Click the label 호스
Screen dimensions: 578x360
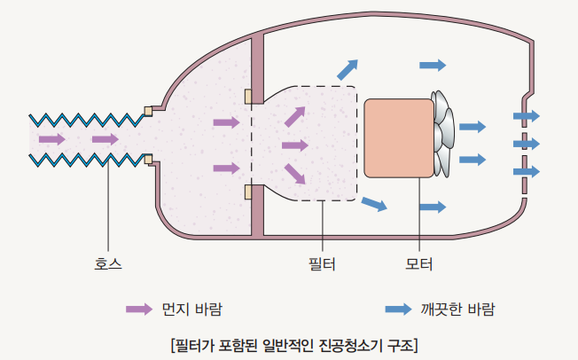pyautogui.click(x=107, y=263)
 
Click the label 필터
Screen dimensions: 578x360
pyautogui.click(x=322, y=264)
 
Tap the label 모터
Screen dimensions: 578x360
pyautogui.click(x=418, y=264)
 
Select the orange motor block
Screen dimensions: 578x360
pyautogui.click(x=398, y=138)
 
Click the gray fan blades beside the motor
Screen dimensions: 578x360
pyautogui.click(x=442, y=134)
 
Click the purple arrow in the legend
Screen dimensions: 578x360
pyautogui.click(x=139, y=309)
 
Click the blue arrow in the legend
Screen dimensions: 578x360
pyautogui.click(x=398, y=309)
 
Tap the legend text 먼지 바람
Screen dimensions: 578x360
pyautogui.click(x=192, y=309)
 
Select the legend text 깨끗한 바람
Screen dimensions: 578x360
pyautogui.click(x=457, y=309)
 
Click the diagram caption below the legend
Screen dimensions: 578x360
pyautogui.click(x=294, y=345)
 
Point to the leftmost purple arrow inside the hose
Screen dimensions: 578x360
pyautogui.click(x=52, y=139)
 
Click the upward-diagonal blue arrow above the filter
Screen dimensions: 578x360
pyautogui.click(x=348, y=70)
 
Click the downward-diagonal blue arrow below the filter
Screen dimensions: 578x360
pyautogui.click(x=374, y=204)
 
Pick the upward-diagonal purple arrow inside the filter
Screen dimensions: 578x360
pyautogui.click(x=295, y=116)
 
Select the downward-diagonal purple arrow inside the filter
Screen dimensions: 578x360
pyautogui.click(x=295, y=174)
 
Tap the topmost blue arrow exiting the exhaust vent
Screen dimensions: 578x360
pyautogui.click(x=527, y=116)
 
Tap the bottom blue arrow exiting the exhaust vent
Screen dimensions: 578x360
pyautogui.click(x=527, y=171)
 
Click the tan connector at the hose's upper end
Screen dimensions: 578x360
pyautogui.click(x=148, y=111)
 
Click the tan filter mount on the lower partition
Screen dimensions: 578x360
pyautogui.click(x=248, y=192)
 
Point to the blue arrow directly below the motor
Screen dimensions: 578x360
pyautogui.click(x=433, y=207)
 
